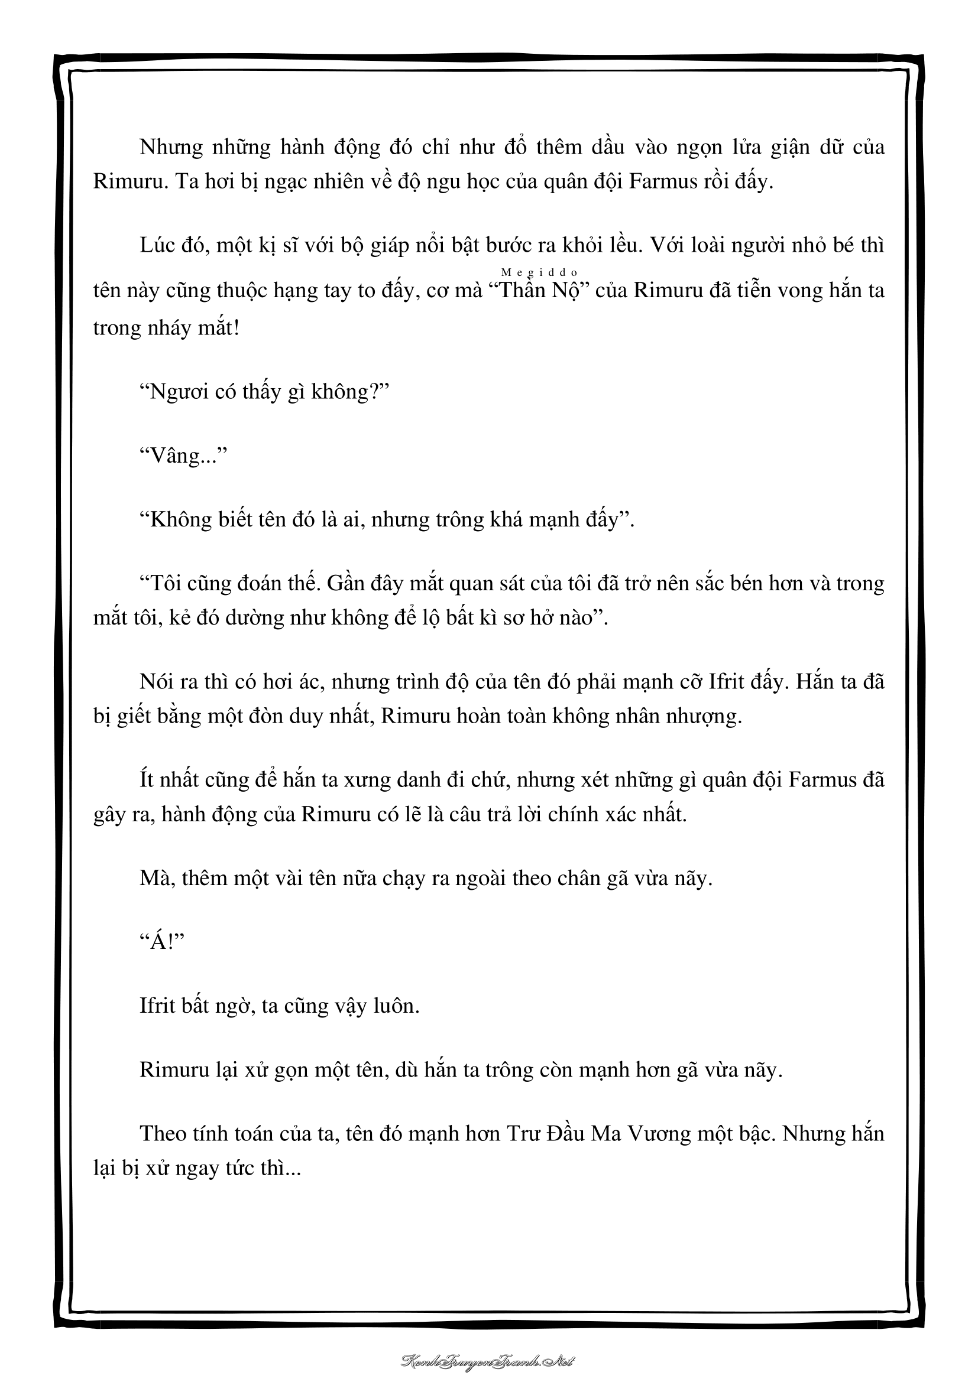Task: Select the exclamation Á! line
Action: tap(161, 942)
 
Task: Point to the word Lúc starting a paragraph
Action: tap(157, 246)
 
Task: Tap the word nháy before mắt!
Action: tap(182, 329)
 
